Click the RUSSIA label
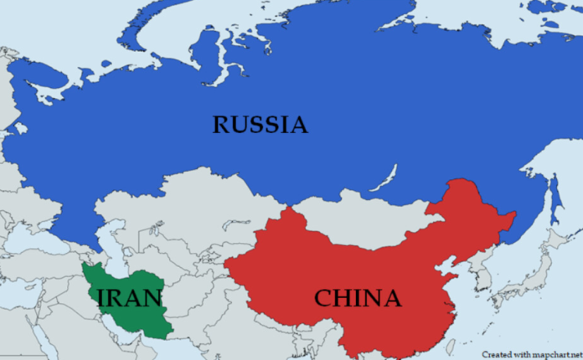(260, 126)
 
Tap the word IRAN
(129, 298)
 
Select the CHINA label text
(357, 298)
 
